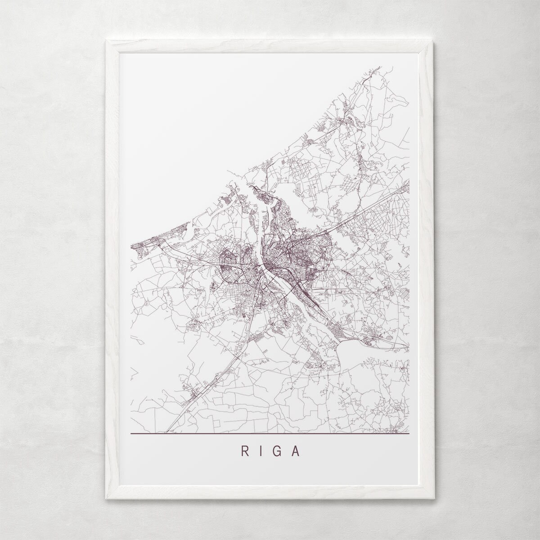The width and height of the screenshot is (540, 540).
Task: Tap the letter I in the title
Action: pyautogui.click(x=261, y=451)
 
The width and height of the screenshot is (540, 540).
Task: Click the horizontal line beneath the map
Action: pyautogui.click(x=270, y=434)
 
